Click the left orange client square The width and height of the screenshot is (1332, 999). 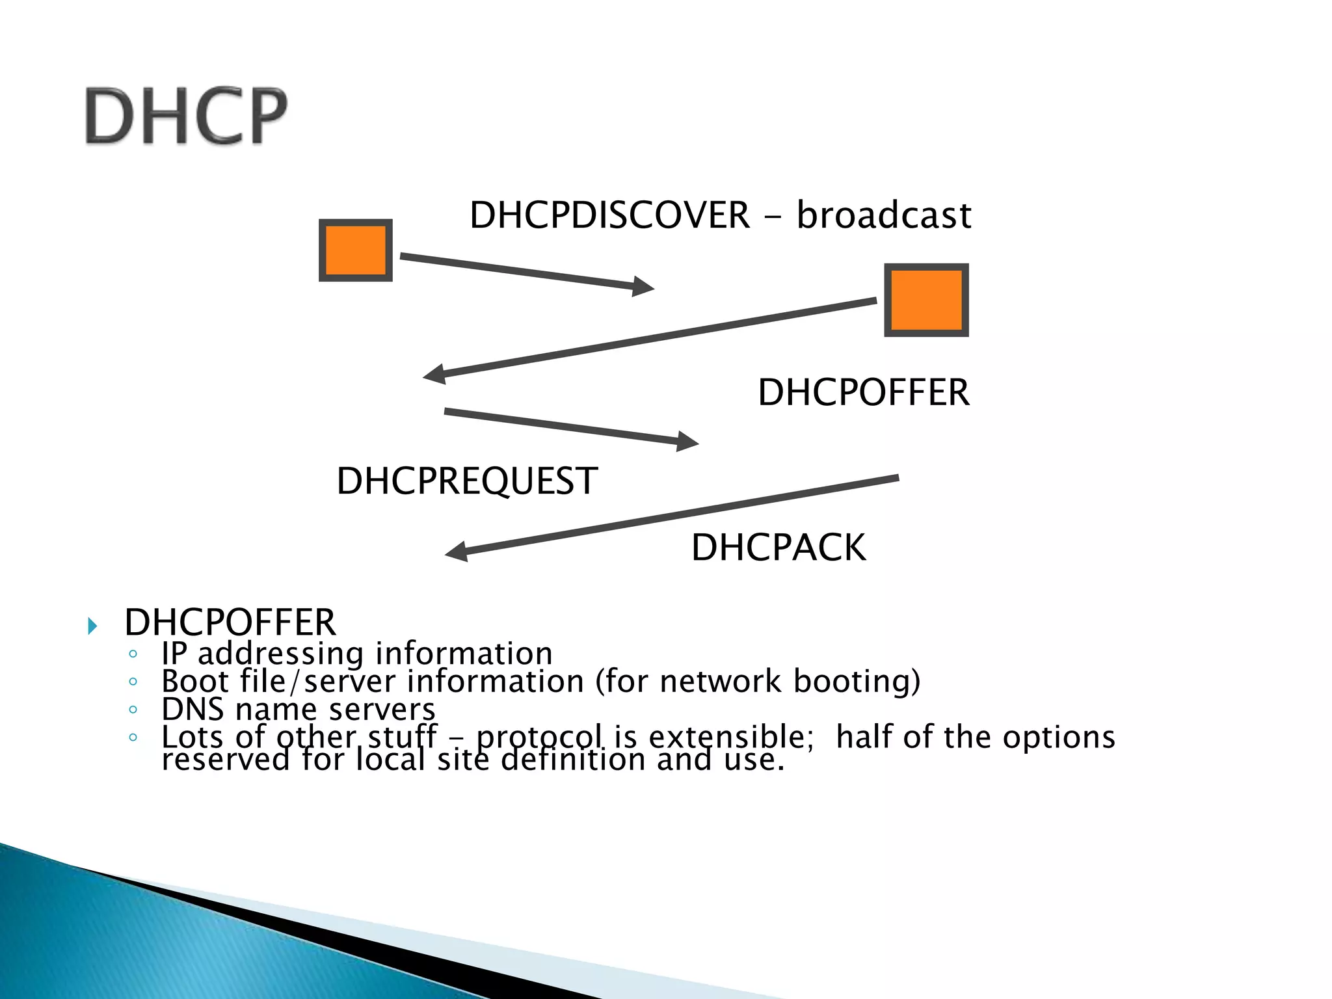tap(355, 250)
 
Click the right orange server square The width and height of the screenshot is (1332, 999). tap(926, 300)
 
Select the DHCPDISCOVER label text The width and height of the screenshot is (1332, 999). tap(609, 215)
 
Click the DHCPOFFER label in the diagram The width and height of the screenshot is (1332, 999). tap(863, 393)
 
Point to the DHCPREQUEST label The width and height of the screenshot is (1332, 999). tap(466, 481)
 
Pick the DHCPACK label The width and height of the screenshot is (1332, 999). tap(778, 548)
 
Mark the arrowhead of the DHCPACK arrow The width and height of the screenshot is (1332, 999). tap(457, 552)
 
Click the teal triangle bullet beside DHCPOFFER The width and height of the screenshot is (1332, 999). tap(92, 626)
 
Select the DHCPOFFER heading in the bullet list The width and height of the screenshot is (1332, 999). tap(230, 622)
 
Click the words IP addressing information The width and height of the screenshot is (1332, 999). tap(356, 653)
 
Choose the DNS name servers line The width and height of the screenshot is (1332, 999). tap(298, 709)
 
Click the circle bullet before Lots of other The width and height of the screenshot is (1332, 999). tap(133, 738)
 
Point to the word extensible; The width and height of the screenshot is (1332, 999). tap(730, 736)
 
